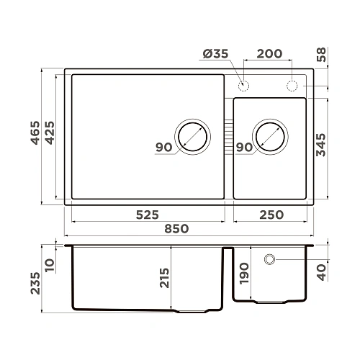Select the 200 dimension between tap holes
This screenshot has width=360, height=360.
[x=269, y=55]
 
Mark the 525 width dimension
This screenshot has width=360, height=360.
[x=147, y=215]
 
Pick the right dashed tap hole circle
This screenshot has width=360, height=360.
[x=292, y=86]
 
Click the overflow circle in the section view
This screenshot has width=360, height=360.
[x=270, y=258]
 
